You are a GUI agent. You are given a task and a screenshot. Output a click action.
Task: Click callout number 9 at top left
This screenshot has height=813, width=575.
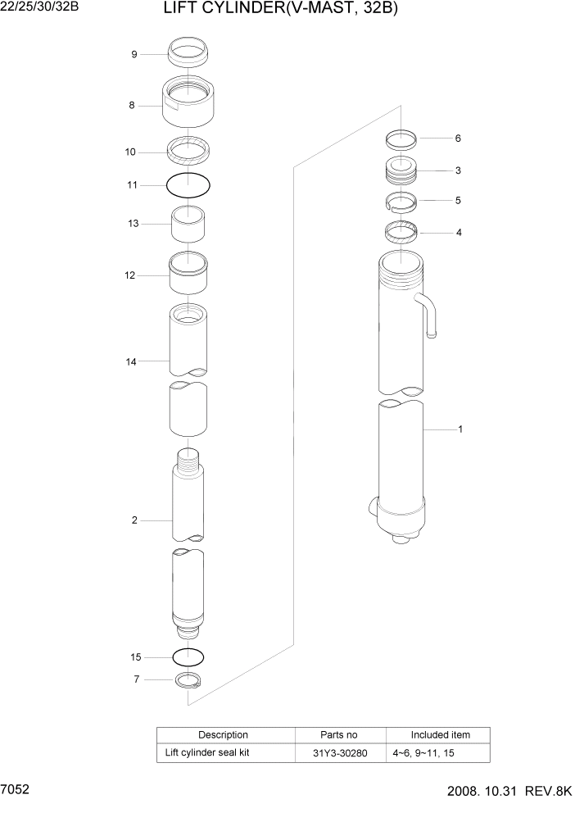pos(134,55)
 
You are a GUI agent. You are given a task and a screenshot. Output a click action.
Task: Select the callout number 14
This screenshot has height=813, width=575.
pos(131,360)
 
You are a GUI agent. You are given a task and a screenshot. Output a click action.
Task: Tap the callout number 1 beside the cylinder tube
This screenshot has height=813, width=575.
pos(460,429)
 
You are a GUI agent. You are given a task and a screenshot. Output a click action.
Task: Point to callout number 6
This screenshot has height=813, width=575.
pos(458,139)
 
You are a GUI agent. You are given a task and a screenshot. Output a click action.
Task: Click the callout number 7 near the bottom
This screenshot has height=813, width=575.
pos(136,679)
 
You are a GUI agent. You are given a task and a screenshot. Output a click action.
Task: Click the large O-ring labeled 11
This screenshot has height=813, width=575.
pos(188,185)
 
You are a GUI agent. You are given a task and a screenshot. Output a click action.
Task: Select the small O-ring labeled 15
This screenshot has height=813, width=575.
pos(188,656)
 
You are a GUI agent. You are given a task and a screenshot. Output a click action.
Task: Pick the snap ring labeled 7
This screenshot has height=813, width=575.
pos(188,679)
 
